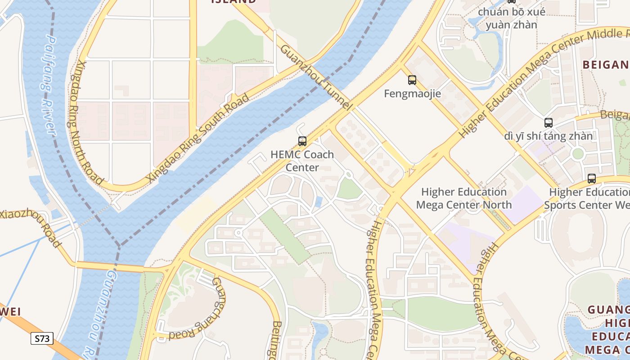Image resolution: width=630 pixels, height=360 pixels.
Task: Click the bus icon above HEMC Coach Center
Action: [x=302, y=141]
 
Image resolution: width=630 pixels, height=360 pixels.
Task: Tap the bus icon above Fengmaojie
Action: [x=412, y=81]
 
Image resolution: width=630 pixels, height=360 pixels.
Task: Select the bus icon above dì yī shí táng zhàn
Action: [x=548, y=123]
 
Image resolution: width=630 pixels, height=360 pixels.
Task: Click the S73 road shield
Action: [x=42, y=338]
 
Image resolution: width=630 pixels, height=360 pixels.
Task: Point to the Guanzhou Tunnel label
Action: [x=315, y=77]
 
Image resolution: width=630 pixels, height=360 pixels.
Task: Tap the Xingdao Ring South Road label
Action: [x=198, y=139]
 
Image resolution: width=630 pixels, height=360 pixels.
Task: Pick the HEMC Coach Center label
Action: [x=302, y=161]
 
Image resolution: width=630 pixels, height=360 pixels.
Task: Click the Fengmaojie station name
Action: [x=412, y=94]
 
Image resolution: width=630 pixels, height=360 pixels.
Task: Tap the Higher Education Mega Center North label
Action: [x=463, y=198]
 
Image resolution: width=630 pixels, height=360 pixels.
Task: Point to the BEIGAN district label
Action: [x=606, y=65]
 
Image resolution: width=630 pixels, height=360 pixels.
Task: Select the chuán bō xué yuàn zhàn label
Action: [x=512, y=18]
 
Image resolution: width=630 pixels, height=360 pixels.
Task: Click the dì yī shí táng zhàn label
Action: [x=548, y=136]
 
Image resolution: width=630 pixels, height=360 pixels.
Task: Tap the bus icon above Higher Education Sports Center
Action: [x=591, y=179]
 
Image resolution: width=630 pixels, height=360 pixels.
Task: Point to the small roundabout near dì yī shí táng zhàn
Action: [x=578, y=154]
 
